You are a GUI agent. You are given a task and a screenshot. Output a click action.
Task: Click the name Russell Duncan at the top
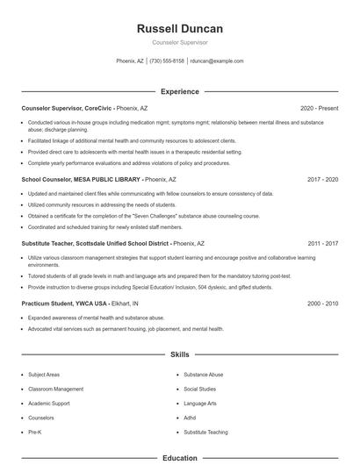(x=180, y=29)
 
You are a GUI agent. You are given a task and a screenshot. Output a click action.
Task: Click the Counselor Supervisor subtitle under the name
(x=180, y=42)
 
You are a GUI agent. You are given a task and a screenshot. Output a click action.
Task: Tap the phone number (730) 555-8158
(x=167, y=61)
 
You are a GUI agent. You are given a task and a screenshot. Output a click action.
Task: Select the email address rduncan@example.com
(x=217, y=61)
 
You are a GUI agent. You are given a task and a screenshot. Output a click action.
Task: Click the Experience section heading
(x=180, y=91)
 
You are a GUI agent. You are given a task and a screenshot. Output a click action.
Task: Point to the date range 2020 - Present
(x=319, y=108)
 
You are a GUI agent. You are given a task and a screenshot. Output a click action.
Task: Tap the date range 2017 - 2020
(x=322, y=179)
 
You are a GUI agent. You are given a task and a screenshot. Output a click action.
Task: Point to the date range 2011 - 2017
(x=322, y=242)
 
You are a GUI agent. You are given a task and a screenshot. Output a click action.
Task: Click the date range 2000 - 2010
(x=322, y=303)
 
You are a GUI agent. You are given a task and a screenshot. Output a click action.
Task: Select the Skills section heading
(x=180, y=354)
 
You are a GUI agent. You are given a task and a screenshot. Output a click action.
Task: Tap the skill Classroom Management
(x=56, y=389)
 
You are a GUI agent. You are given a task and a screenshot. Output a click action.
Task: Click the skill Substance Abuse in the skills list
(x=204, y=374)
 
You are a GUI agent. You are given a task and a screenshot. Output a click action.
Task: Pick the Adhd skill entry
(x=191, y=418)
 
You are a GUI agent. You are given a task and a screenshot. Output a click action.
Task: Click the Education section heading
(x=180, y=458)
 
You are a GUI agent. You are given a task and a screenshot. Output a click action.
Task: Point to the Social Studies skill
(x=200, y=389)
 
